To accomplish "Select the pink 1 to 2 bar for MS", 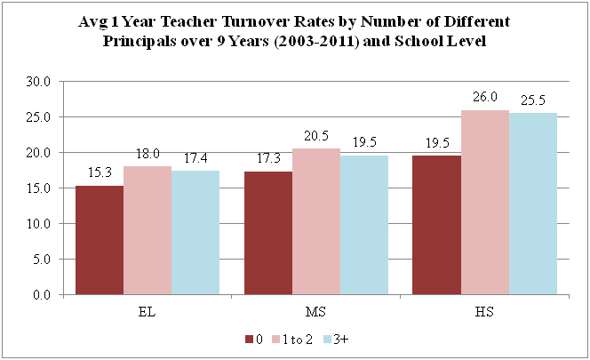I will pyautogui.click(x=315, y=221).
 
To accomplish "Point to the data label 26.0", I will pyautogui.click(x=484, y=102).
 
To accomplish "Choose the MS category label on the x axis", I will pyautogui.click(x=315, y=313).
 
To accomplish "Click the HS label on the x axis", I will pyautogui.click(x=483, y=313).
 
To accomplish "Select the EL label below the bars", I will pyautogui.click(x=147, y=313).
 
